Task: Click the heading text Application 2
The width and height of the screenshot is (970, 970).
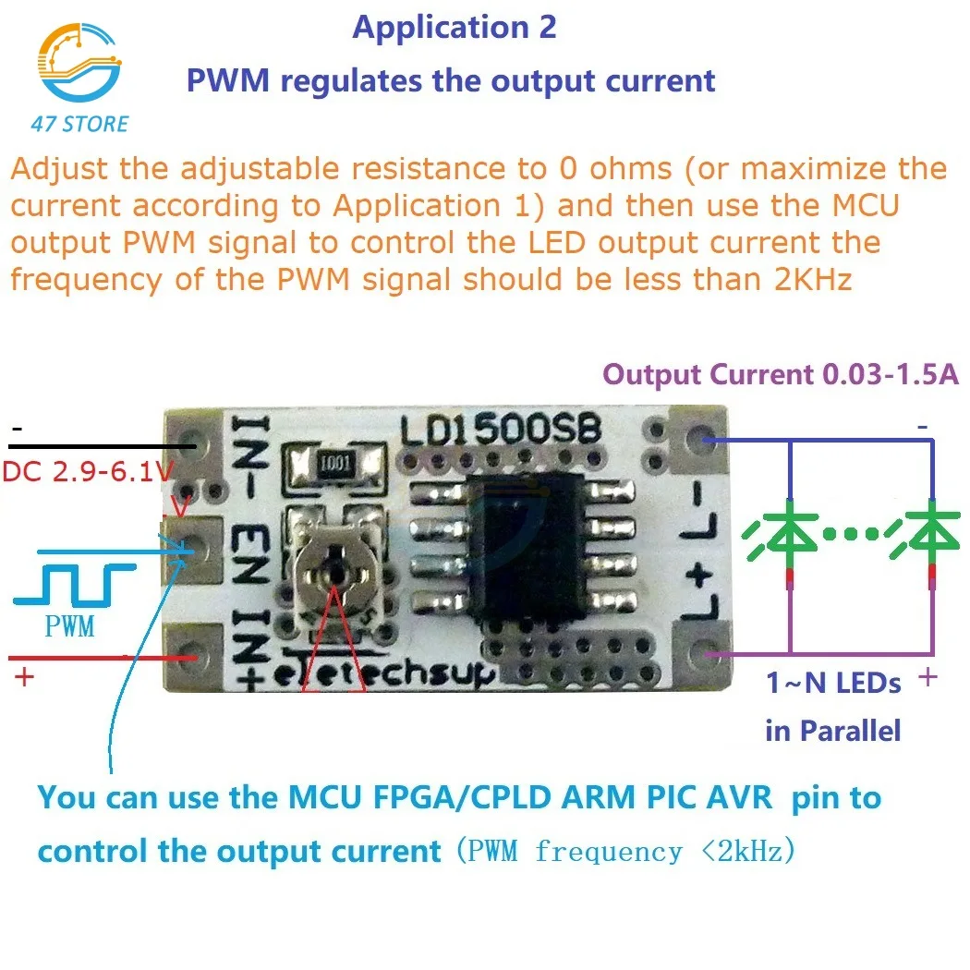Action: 455,28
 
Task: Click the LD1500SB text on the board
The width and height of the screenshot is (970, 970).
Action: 501,430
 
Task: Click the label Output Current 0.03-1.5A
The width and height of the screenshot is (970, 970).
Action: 781,375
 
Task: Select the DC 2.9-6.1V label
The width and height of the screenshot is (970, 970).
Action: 88,472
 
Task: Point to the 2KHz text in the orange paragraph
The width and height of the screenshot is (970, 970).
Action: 804,279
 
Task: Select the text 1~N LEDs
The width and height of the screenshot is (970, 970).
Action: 833,684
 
